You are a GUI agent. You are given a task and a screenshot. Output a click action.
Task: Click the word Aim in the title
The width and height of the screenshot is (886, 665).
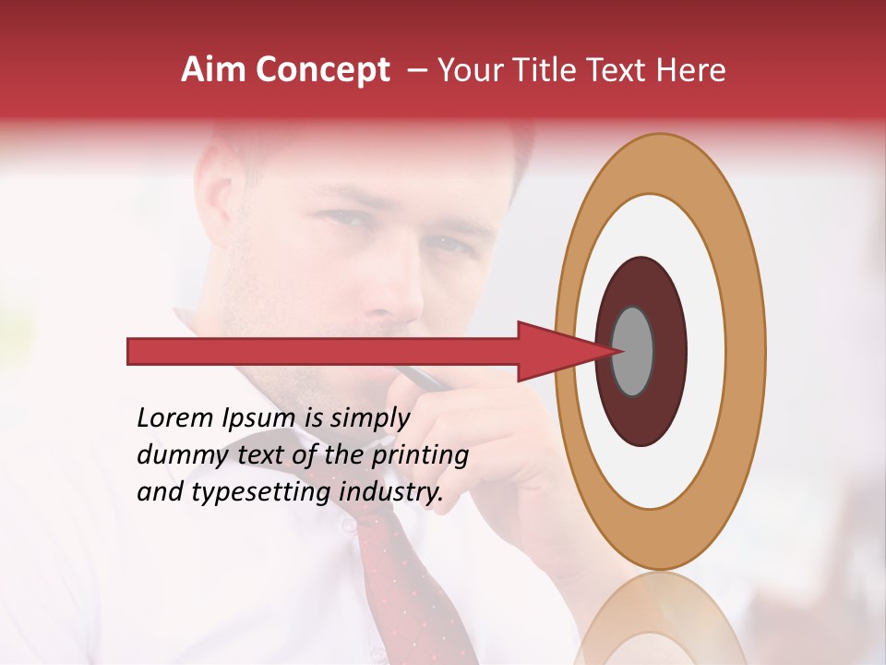point(213,70)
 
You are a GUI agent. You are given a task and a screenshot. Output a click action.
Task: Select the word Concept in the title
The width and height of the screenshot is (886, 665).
point(322,70)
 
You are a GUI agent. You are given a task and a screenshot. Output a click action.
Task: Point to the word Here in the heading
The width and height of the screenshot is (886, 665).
point(691,70)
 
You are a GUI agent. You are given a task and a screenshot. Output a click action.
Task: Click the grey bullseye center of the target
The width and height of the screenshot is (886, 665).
point(632,351)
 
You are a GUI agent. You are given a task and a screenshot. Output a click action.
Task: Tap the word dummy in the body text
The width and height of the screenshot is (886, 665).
point(178,455)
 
